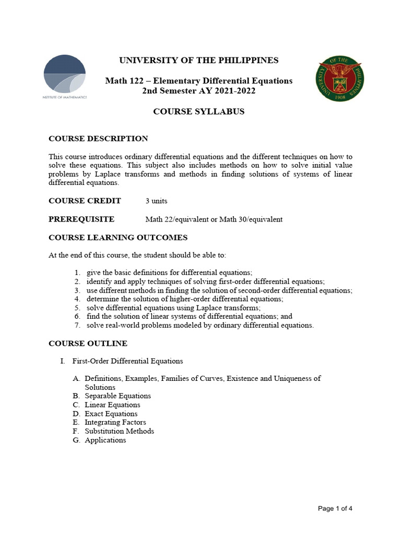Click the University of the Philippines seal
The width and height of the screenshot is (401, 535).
[340, 80]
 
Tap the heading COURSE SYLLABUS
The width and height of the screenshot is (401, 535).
[198, 112]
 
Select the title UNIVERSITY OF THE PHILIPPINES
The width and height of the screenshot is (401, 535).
[199, 60]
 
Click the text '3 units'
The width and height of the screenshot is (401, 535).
[156, 201]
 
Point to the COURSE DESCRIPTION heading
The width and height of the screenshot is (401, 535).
[98, 139]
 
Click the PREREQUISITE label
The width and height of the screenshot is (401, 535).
[81, 219]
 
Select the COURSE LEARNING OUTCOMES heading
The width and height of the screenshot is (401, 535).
[118, 238]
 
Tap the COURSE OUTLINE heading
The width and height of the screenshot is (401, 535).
[88, 343]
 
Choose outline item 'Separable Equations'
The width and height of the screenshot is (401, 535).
[117, 396]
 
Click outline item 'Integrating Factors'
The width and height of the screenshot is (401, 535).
[115, 422]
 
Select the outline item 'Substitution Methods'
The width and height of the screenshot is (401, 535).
[119, 431]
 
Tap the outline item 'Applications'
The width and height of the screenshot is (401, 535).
[105, 440]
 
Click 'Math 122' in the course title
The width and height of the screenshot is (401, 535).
[122, 81]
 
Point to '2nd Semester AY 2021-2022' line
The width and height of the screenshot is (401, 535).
[198, 91]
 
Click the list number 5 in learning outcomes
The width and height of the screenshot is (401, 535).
[76, 308]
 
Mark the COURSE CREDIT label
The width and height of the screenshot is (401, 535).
[85, 201]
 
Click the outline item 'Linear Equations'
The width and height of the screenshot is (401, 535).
[112, 405]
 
